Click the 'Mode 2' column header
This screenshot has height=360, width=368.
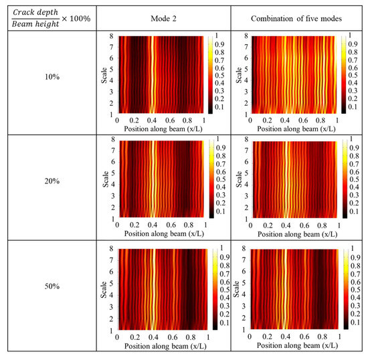click(x=163, y=19)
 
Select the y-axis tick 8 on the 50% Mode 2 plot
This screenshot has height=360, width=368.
click(x=113, y=249)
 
